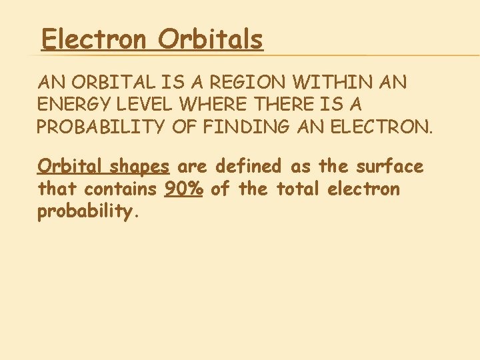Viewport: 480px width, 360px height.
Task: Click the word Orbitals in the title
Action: coord(211,40)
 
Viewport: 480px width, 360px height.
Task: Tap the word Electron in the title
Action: coord(93,40)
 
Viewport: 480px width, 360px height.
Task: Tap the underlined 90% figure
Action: coord(184,189)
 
